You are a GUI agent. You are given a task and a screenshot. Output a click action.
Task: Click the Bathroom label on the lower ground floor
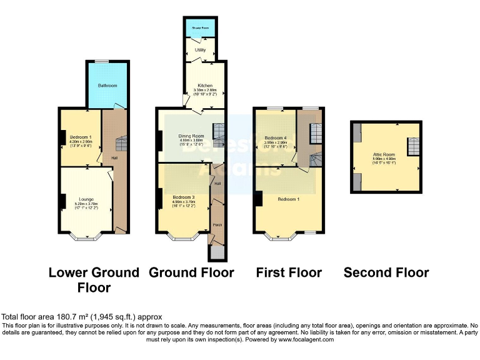point(107,86)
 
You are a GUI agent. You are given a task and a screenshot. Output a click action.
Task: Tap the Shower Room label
point(201,28)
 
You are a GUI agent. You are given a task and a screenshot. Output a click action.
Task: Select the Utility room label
point(200,49)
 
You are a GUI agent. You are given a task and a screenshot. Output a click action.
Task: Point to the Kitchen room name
point(205,86)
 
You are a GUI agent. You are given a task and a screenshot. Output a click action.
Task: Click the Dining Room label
point(191,136)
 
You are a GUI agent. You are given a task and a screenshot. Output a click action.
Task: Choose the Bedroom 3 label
point(184,197)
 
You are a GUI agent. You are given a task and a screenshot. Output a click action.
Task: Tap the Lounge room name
point(86,199)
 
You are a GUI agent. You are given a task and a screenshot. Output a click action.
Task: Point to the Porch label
point(217,224)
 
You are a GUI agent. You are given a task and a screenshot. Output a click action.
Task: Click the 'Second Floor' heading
point(386,272)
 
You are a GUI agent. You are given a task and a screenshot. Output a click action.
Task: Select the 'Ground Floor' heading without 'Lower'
point(191,272)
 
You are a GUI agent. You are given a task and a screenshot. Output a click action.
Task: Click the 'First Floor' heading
point(289,272)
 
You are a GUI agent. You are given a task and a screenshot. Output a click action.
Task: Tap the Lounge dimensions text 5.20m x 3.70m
point(86,204)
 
